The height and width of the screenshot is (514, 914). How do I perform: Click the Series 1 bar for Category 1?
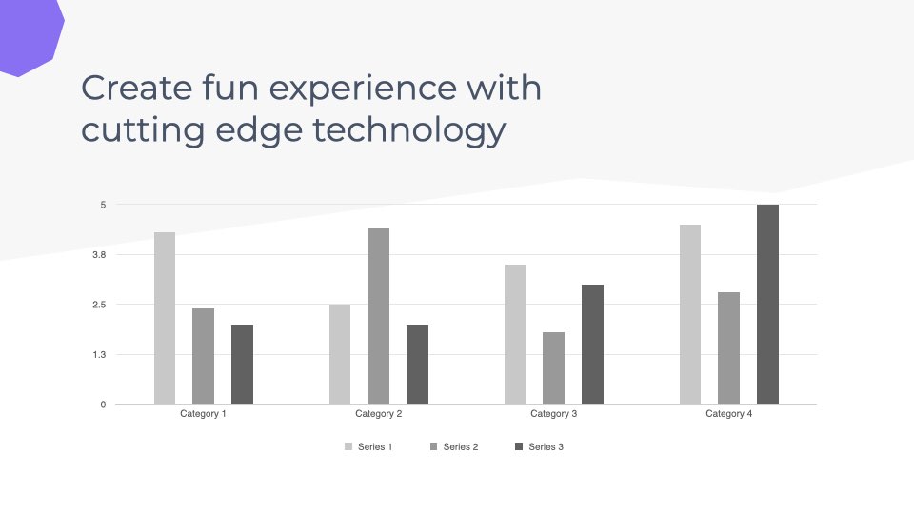click(x=165, y=318)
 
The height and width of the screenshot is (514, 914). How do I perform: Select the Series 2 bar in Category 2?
click(x=378, y=316)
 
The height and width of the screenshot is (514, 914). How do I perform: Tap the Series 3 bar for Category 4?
click(x=767, y=305)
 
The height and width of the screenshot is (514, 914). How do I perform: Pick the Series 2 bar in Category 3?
click(x=554, y=367)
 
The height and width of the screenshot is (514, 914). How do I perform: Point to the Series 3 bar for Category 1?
click(x=243, y=365)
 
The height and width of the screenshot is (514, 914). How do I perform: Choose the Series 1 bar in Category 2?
click(x=340, y=354)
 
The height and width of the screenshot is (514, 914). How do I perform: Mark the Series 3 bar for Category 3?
click(x=593, y=345)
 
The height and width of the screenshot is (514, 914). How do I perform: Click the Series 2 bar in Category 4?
click(x=728, y=348)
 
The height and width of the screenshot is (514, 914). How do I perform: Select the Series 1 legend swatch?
click(x=348, y=447)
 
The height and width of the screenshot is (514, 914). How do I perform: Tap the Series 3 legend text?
click(x=546, y=447)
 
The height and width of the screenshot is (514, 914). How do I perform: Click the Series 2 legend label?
click(x=461, y=447)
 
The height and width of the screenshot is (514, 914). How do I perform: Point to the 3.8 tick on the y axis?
click(x=99, y=255)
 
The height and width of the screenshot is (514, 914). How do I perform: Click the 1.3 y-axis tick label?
click(x=99, y=354)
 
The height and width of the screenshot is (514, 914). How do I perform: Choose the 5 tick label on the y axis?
click(x=103, y=205)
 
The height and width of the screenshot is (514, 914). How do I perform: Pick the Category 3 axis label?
click(x=554, y=414)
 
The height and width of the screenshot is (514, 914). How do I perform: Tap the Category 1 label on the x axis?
click(x=203, y=414)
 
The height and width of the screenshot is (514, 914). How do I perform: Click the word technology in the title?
click(x=409, y=130)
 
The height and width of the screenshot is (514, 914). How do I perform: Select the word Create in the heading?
click(x=137, y=88)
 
